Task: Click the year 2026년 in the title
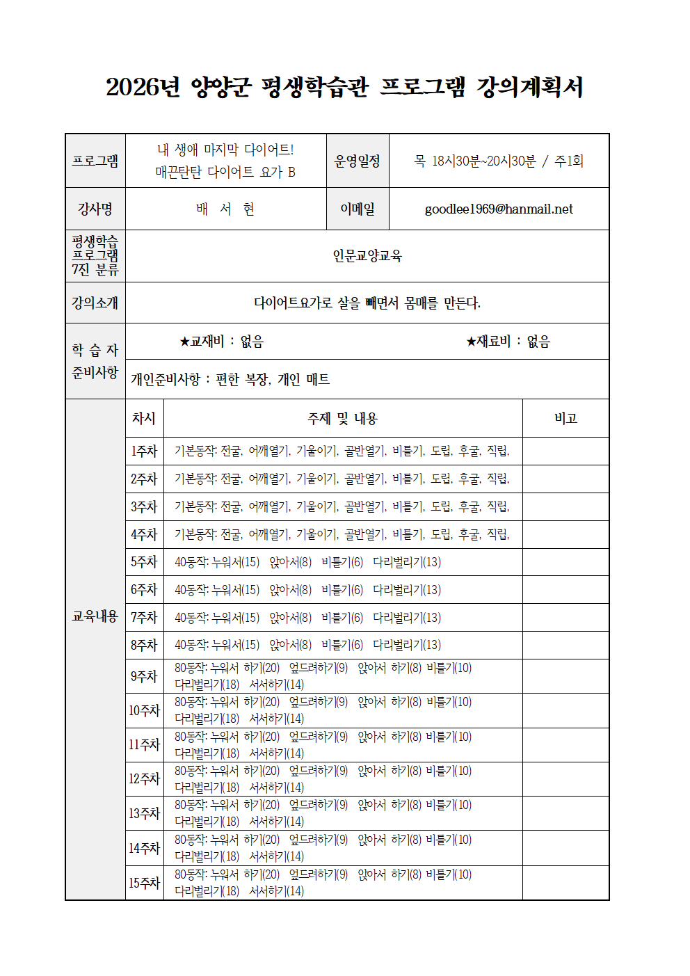143,87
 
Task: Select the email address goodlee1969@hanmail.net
499,209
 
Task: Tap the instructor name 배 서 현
225,209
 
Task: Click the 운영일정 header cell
357,161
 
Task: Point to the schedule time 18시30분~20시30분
484,161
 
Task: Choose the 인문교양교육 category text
367,256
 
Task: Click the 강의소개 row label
95,303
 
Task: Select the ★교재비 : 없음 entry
221,342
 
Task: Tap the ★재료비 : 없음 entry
508,342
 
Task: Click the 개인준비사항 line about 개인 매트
230,380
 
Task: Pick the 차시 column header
144,419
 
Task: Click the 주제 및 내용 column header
342,419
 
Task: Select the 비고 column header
565,419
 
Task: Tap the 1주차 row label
144,451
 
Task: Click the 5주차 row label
144,562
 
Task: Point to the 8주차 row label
144,646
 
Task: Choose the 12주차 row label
144,779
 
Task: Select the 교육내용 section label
95,616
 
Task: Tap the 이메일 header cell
357,209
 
